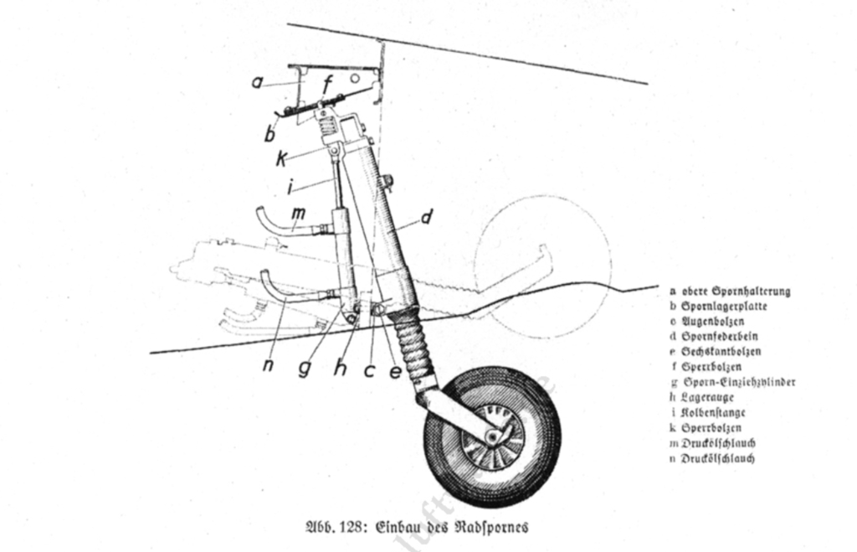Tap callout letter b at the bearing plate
(269, 134)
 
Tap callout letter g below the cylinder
(306, 369)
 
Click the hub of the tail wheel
(493, 436)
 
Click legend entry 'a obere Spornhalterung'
(730, 291)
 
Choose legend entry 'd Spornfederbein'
(720, 337)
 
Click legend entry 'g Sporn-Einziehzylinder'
(732, 382)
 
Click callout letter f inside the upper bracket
(330, 84)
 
